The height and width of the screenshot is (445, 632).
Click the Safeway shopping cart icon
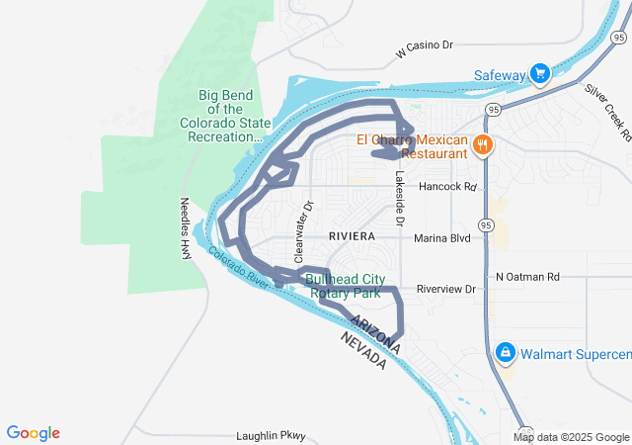point(540,74)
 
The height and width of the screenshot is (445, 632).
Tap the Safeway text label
point(501,75)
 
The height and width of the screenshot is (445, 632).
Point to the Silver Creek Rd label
point(607,110)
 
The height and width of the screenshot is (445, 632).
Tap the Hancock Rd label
point(447,186)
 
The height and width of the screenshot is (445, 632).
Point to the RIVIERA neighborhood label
point(353,236)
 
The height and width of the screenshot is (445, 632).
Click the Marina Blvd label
point(442,237)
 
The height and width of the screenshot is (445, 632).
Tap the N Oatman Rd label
point(528,277)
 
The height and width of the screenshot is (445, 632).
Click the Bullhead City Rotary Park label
point(344,286)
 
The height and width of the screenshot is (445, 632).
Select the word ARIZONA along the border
point(374,330)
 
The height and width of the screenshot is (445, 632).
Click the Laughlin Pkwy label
point(273,435)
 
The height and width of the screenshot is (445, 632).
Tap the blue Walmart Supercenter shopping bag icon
point(505,352)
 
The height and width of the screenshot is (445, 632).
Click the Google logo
point(34,433)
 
